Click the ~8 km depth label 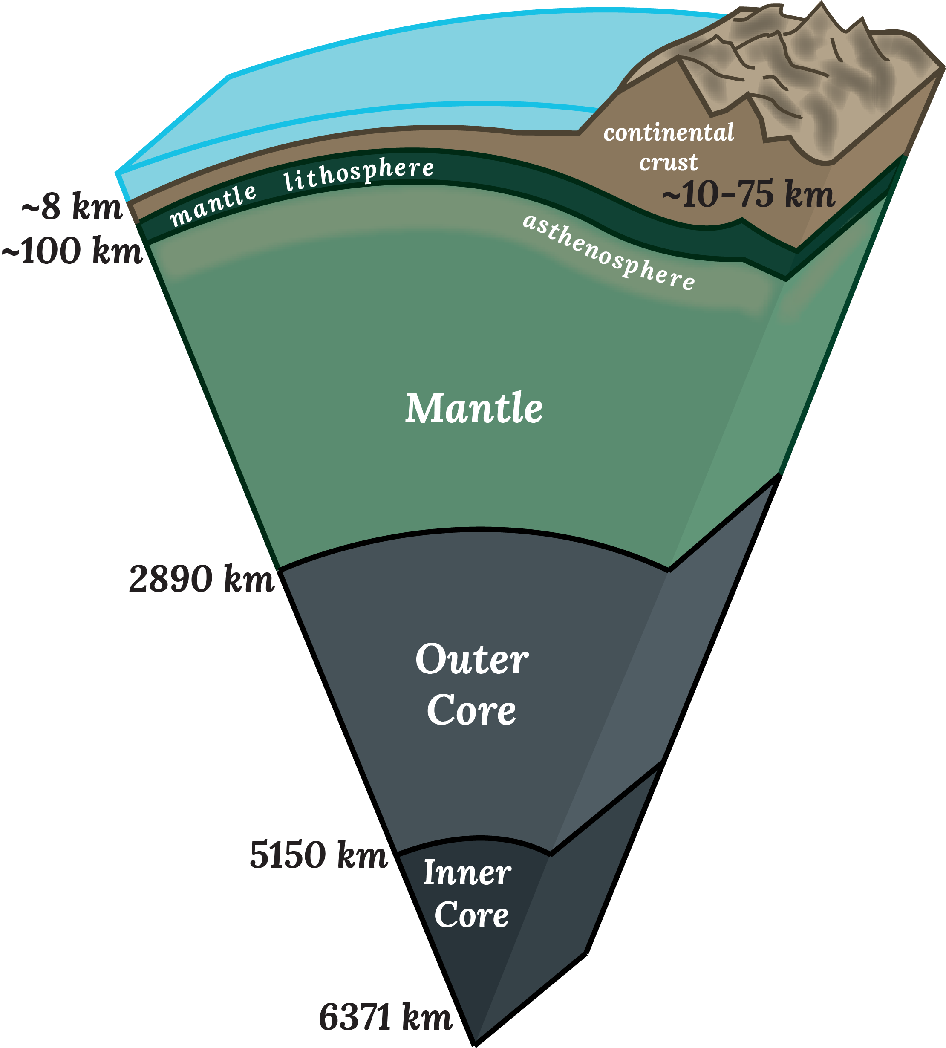(x=72, y=206)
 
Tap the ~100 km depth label (x=72, y=251)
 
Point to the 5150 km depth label (x=319, y=855)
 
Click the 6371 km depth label (x=385, y=1017)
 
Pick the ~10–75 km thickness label (x=748, y=194)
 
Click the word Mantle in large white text (x=473, y=409)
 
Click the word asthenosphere (x=609, y=253)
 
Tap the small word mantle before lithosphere (x=213, y=205)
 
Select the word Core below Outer (x=471, y=710)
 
